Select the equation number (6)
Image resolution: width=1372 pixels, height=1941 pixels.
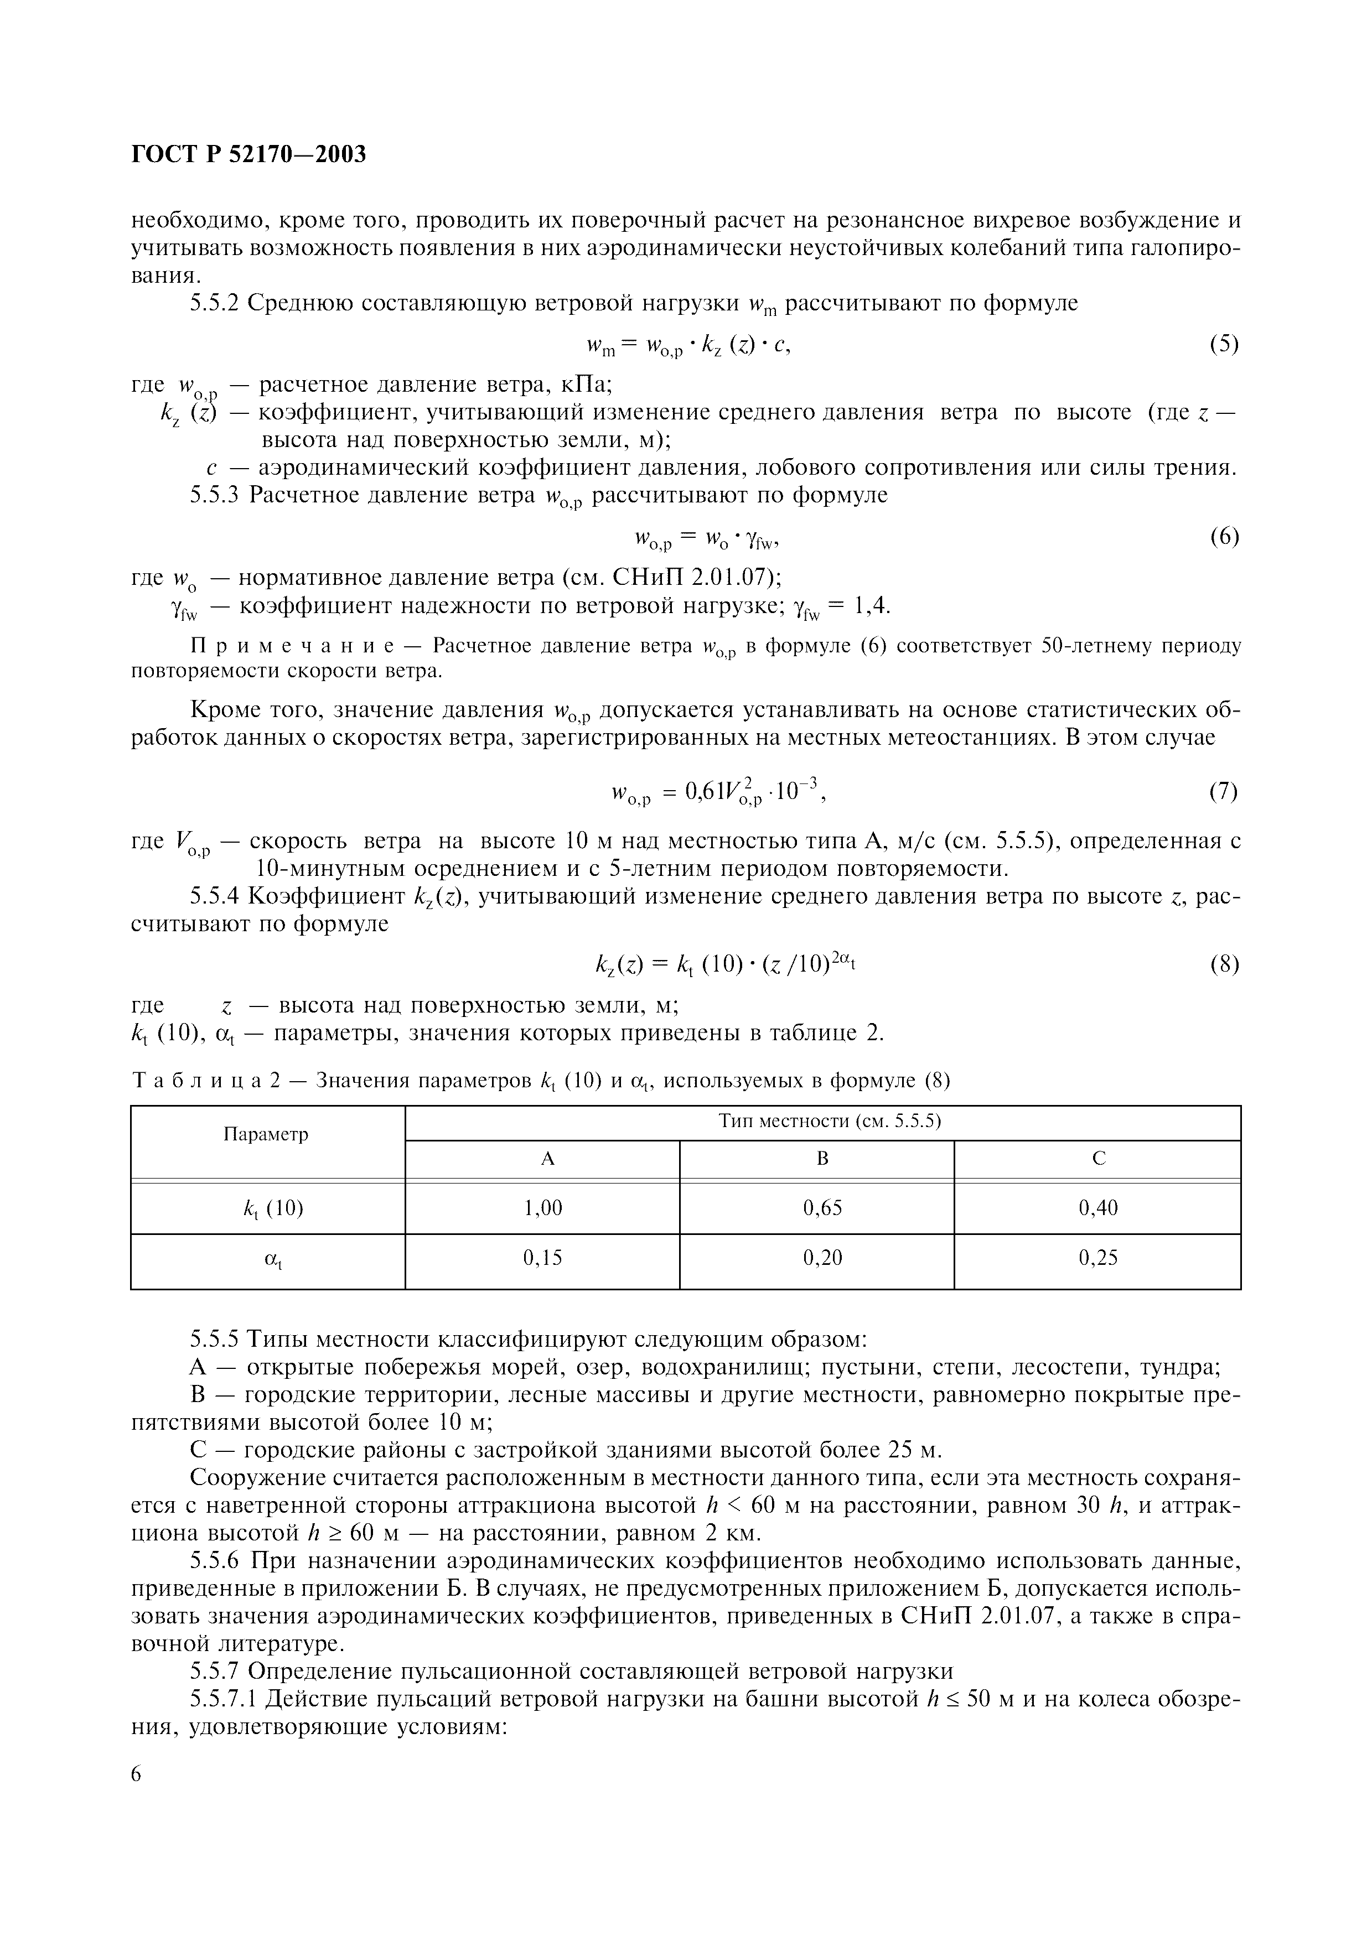[1223, 536]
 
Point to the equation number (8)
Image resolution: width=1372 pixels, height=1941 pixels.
[1223, 964]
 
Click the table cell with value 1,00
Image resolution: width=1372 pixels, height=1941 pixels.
[543, 1208]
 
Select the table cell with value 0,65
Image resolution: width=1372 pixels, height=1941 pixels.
[822, 1208]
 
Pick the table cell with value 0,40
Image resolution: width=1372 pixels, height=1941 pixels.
[1098, 1208]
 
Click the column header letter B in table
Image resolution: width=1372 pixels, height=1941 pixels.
[822, 1158]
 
